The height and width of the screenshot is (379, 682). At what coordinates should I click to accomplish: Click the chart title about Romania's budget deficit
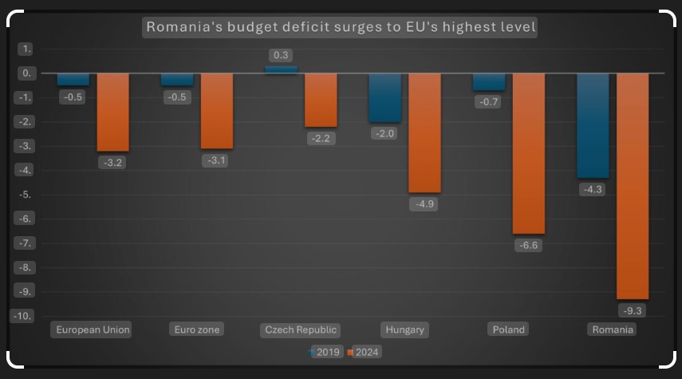[x=341, y=28]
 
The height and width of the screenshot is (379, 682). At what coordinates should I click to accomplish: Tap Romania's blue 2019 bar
[x=593, y=125]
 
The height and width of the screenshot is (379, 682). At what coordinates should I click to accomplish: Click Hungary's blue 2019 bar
[x=384, y=97]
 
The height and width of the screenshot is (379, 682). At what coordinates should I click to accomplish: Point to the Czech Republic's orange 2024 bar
[x=321, y=100]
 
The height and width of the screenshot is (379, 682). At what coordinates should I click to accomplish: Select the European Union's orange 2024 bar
[x=112, y=112]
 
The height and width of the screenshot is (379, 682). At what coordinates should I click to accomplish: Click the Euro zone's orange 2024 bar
[x=217, y=111]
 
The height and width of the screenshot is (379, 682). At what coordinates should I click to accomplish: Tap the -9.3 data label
[x=633, y=310]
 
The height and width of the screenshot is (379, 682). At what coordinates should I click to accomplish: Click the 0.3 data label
[x=281, y=55]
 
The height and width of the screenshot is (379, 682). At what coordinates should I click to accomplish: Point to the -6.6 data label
[x=528, y=245]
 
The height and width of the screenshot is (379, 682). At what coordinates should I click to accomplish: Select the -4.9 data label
[x=424, y=203]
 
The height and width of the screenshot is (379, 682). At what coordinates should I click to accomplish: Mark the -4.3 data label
[x=593, y=189]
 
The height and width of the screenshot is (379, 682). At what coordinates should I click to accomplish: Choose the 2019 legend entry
[x=325, y=352]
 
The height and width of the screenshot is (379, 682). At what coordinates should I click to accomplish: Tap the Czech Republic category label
[x=302, y=330]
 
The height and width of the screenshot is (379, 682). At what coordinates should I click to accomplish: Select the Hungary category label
[x=405, y=330]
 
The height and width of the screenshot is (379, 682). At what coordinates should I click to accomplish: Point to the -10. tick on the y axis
[x=23, y=316]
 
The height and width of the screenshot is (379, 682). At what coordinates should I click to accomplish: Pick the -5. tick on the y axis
[x=26, y=195]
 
